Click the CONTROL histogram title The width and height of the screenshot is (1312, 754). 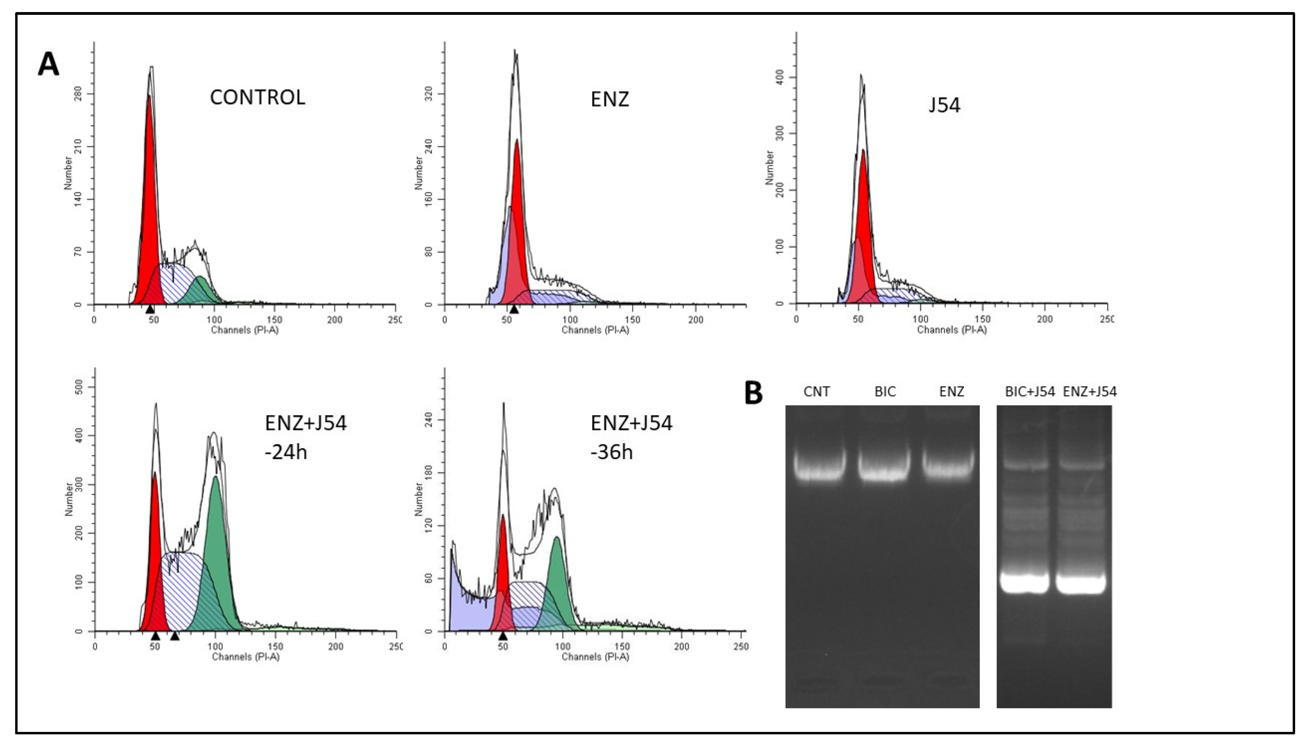pos(257,97)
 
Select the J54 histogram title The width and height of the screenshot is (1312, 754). pos(944,105)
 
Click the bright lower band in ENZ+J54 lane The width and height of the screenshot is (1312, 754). pos(1081,584)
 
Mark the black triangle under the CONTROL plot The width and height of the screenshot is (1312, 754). pos(150,309)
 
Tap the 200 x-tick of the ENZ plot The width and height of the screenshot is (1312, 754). pos(695,319)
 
